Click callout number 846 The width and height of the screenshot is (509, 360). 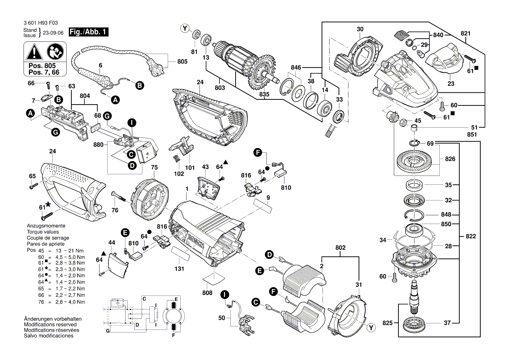(x=296, y=68)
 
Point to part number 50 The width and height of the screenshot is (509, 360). (x=222, y=319)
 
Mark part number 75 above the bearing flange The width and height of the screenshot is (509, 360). (x=154, y=167)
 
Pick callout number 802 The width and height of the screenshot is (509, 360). (x=340, y=248)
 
